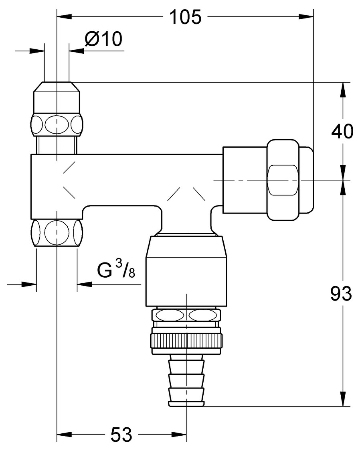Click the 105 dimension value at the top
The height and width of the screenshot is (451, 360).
pos(185,17)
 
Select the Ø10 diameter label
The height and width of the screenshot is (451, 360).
pos(103,40)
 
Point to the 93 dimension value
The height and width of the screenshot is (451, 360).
pos(341,294)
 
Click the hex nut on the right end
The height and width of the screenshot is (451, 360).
pos(283,180)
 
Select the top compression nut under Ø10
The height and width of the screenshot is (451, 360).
pos(57,108)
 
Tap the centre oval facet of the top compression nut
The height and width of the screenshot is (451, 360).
pos(57,124)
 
